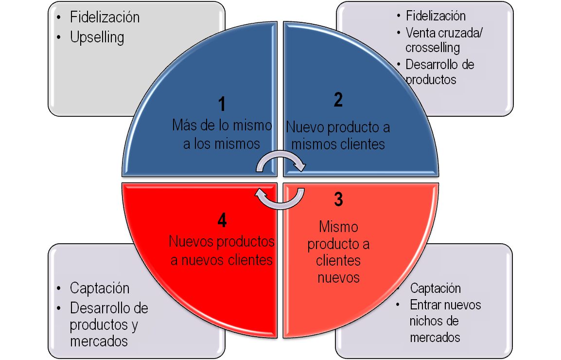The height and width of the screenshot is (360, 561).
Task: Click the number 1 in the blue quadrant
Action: [222, 105]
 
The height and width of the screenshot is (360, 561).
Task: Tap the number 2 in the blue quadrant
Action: [338, 99]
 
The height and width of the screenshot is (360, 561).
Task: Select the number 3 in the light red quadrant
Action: [338, 199]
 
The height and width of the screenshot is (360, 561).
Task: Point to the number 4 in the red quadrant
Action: [222, 221]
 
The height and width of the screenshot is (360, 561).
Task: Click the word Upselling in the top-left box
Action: [97, 37]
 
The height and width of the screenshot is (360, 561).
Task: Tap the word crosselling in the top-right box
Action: [433, 48]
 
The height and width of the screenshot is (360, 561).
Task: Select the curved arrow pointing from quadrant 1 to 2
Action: [280, 161]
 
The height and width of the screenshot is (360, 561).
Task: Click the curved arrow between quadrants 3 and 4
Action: [280, 198]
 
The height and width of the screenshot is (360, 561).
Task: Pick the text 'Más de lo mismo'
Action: [222, 125]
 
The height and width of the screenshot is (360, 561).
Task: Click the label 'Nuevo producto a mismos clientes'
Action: [338, 136]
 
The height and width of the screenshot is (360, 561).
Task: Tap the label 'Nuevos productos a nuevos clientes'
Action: [222, 251]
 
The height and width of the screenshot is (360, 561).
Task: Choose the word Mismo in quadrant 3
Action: [338, 227]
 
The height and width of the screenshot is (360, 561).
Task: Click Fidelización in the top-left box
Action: [105, 18]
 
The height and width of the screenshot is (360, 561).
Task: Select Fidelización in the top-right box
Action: [436, 16]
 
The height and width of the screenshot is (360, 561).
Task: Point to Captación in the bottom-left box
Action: [100, 288]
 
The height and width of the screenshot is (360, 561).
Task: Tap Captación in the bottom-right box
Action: [435, 288]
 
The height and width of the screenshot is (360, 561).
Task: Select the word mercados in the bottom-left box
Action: [99, 341]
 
